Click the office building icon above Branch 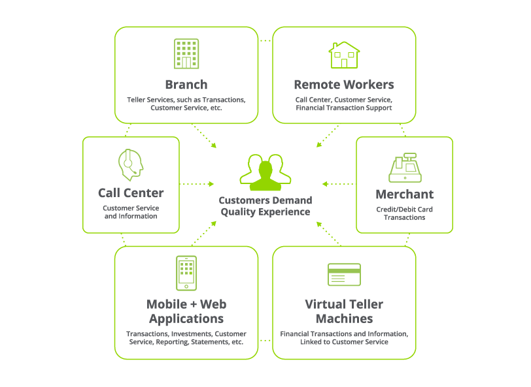[x=186, y=54]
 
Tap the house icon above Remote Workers [x=343, y=55]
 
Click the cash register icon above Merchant [x=405, y=168]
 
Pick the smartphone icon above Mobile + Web [x=186, y=272]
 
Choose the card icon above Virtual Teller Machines [x=344, y=274]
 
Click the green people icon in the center [x=265, y=171]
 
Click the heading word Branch [x=186, y=84]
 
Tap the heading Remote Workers [x=343, y=84]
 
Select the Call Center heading [x=131, y=193]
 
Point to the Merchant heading [x=404, y=194]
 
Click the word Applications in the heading [x=186, y=318]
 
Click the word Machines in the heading [x=344, y=318]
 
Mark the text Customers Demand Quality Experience [x=265, y=206]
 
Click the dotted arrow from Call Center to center [x=196, y=184]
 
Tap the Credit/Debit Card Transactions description [x=404, y=213]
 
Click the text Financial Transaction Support [x=343, y=108]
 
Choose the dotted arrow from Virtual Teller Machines [x=329, y=234]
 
